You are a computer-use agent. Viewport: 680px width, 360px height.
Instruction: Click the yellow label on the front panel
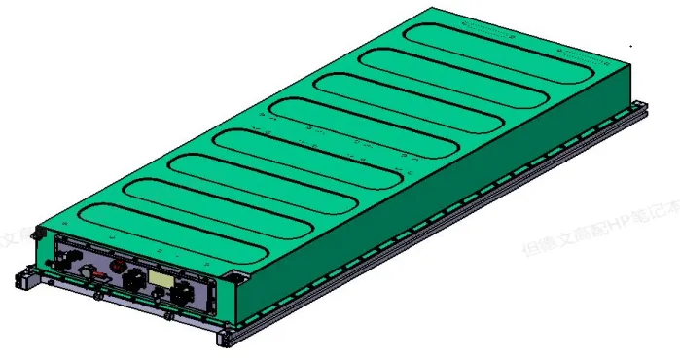click(158, 278)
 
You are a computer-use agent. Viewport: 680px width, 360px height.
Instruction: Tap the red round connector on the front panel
click(117, 265)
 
